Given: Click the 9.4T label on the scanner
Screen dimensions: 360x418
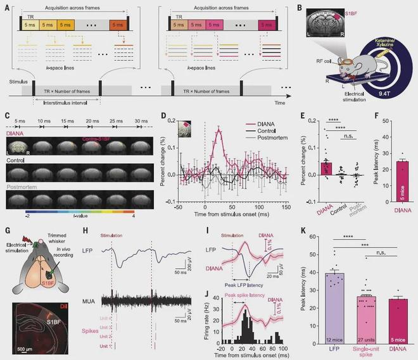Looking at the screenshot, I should [x=385, y=91].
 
